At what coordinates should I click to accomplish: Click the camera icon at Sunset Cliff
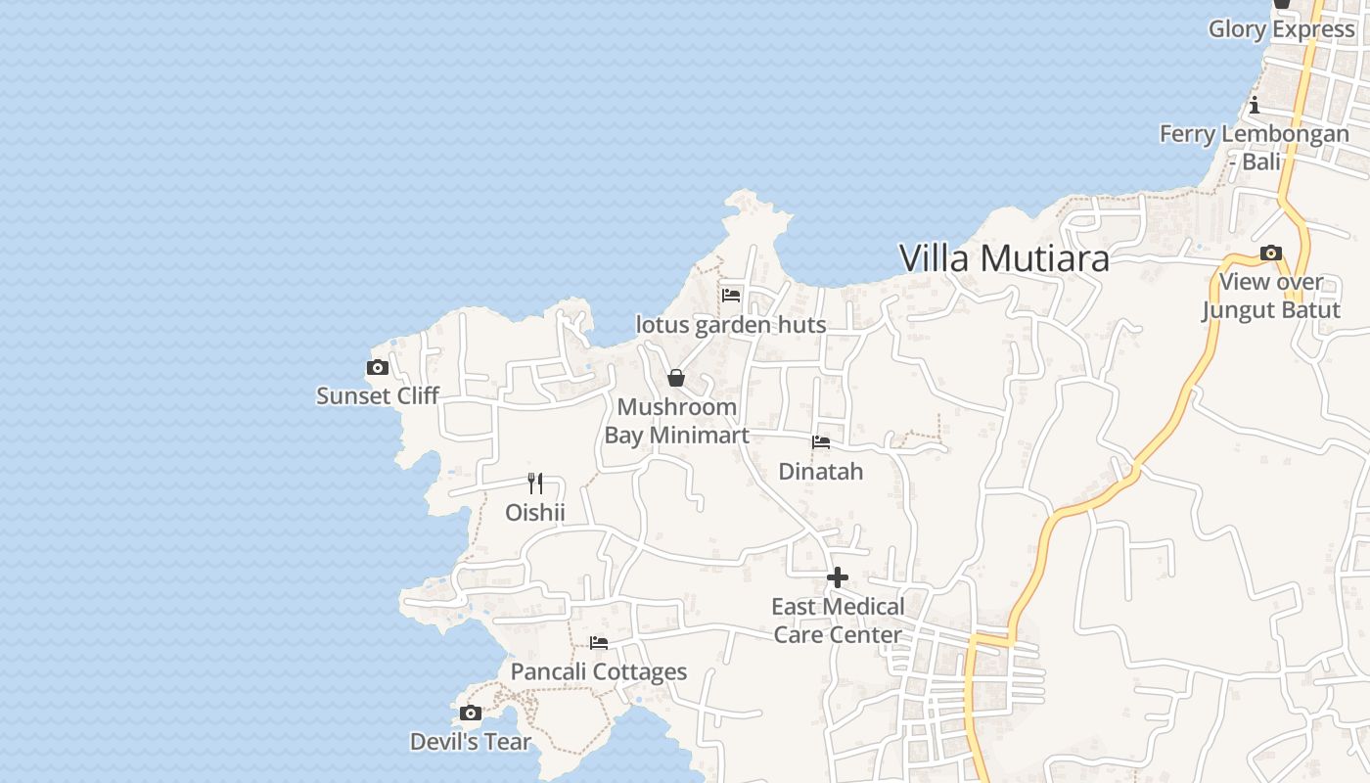378,368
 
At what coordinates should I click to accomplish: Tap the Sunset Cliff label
378,396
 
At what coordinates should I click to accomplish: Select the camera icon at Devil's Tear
471,713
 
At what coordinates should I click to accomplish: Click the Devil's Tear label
471,742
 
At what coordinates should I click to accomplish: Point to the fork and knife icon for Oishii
535,484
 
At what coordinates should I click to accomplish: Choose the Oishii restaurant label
535,512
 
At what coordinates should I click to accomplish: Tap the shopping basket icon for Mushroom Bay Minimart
676,378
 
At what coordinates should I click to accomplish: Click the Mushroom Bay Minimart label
676,421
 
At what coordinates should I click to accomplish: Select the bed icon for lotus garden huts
731,295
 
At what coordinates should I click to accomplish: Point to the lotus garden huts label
731,325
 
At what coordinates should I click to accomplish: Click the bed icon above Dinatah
821,442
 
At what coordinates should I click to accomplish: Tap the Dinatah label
821,472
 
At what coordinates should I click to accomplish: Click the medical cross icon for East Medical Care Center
838,577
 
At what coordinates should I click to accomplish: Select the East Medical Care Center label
838,621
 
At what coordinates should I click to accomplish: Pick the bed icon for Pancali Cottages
599,643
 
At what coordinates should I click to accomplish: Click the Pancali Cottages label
599,672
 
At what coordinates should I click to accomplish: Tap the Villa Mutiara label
1004,258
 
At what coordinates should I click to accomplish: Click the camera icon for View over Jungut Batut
1271,253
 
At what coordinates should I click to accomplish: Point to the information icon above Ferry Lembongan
1255,106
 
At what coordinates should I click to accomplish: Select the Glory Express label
1281,29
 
